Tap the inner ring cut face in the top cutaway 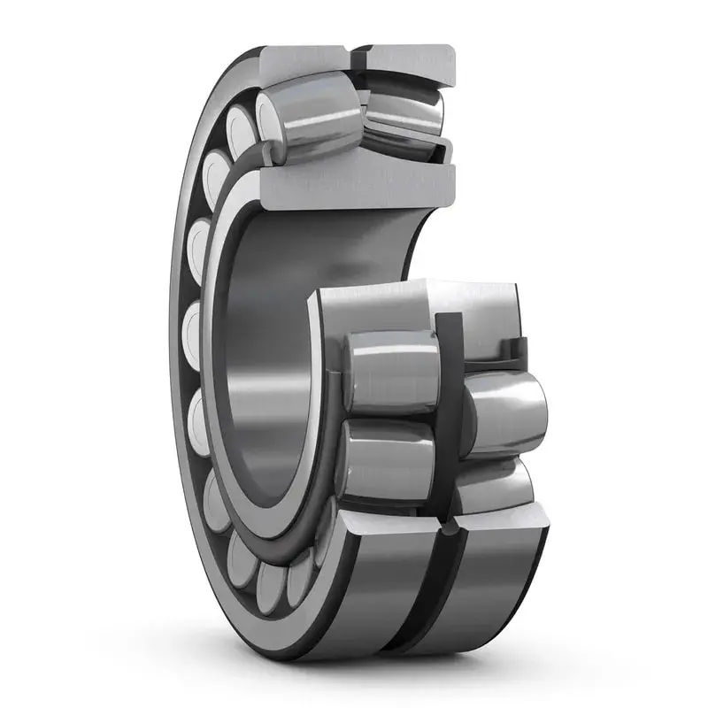point(354,186)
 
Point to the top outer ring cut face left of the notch point(305,60)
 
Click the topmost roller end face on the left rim point(240,124)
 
